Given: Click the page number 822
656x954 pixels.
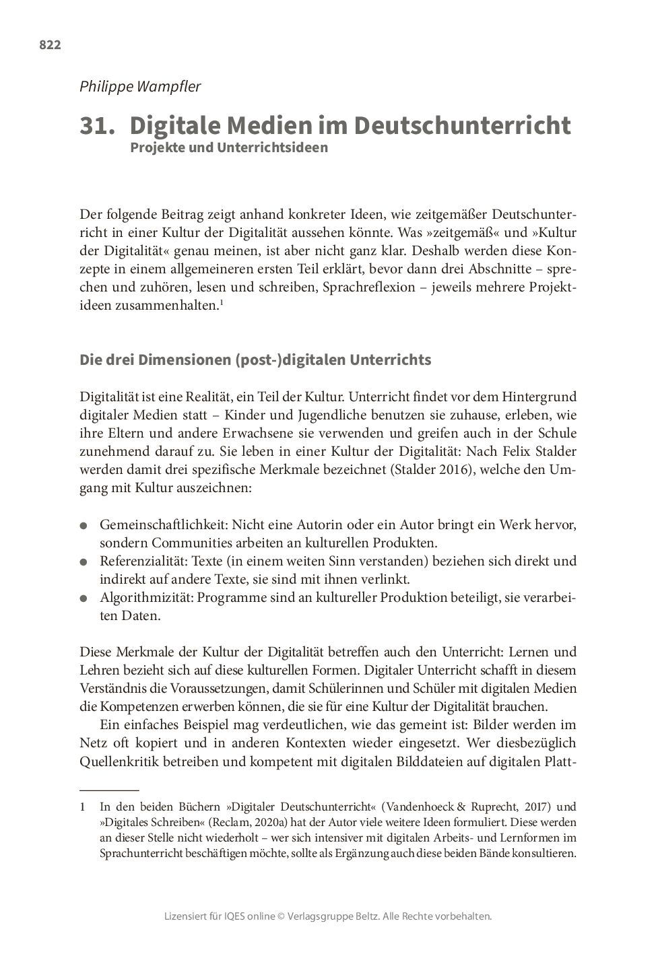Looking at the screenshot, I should tap(50, 45).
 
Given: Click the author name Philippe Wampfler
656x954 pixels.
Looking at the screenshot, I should tap(140, 86).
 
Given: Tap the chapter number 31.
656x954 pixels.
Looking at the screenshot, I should tap(97, 126).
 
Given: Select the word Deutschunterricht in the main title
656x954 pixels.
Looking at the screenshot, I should tap(462, 126).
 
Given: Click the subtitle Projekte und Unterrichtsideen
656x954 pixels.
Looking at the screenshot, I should tap(229, 147).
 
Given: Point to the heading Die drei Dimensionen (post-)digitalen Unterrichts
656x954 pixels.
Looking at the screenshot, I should tap(255, 360).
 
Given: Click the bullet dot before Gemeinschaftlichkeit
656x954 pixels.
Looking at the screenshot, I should tap(84, 525).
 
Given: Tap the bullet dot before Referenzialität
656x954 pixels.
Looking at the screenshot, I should tap(84, 561).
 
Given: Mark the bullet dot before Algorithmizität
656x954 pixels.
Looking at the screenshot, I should tap(84, 598).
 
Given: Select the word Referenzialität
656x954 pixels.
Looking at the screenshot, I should tap(143, 561).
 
